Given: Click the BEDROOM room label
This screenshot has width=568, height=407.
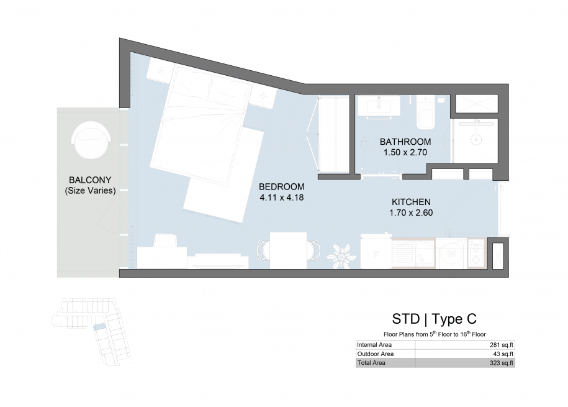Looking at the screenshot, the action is click(281, 187).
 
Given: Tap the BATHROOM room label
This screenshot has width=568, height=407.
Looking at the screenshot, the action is click(405, 142).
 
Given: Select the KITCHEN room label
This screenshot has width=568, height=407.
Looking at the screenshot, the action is click(411, 202).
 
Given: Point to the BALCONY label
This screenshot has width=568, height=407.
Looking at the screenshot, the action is click(90, 180).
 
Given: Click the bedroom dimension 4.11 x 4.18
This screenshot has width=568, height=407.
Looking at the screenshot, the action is click(281, 198).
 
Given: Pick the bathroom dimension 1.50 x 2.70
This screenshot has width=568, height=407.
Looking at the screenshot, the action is click(405, 152).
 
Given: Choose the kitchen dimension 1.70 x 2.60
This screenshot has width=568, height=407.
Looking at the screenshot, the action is click(411, 213).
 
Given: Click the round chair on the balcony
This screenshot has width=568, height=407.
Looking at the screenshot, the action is click(91, 140).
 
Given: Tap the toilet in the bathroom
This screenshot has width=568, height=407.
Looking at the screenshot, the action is click(426, 112).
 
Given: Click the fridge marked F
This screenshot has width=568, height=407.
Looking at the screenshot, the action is click(376, 252).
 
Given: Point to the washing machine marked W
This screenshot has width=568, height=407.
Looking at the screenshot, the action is click(451, 253).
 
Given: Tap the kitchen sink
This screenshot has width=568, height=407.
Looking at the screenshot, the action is click(413, 253).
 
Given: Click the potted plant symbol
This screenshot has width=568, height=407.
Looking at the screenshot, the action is click(341, 256).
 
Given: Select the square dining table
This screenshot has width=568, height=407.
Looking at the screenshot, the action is click(289, 250).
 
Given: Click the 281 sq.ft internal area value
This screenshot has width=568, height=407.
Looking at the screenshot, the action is click(502, 345).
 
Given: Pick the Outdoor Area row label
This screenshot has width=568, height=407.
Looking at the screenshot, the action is click(376, 354).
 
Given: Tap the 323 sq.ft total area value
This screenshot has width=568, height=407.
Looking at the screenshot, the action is click(502, 363).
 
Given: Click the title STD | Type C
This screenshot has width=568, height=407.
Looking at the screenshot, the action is click(434, 319).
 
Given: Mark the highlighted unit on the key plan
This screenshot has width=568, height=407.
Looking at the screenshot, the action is click(99, 327).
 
